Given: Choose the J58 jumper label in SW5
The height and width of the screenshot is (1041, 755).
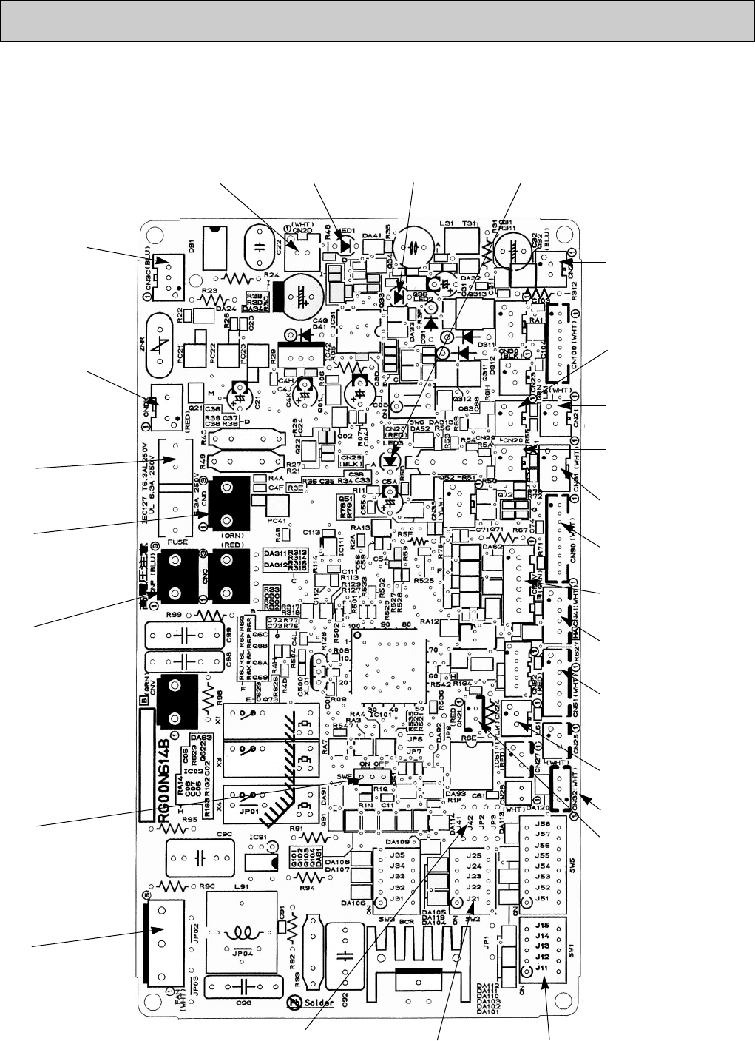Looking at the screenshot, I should [x=543, y=823].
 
